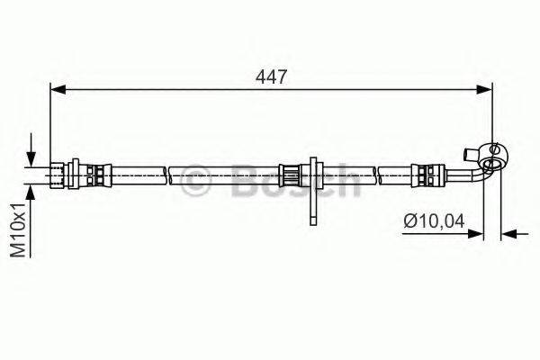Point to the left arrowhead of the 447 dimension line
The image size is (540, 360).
[x=56, y=88]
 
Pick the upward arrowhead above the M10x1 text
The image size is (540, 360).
[x=33, y=192]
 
